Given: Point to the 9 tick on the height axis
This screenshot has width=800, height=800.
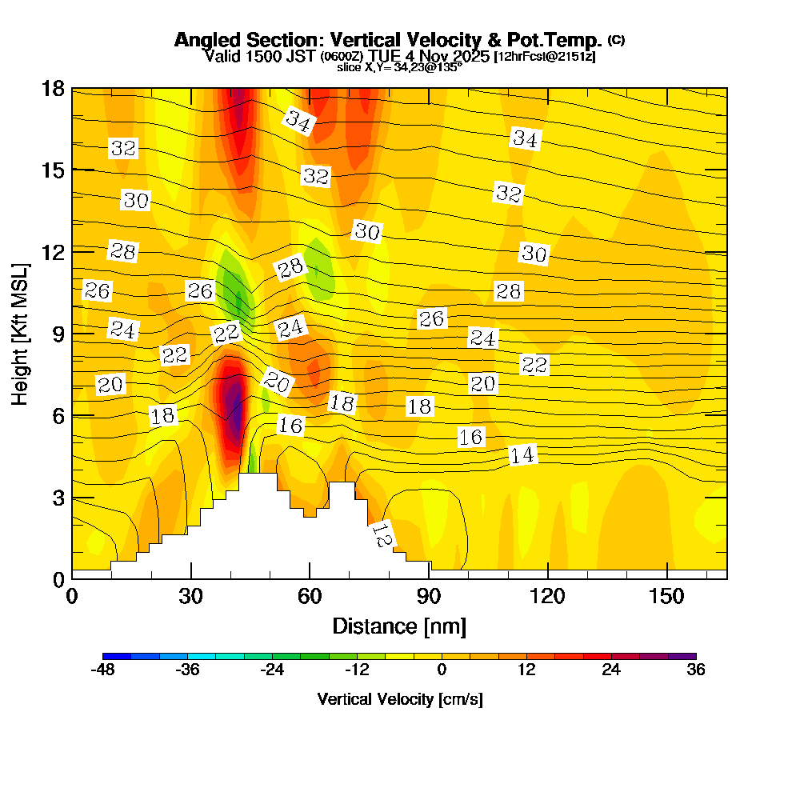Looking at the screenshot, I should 72,333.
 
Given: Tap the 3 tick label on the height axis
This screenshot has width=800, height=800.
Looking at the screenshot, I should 58,497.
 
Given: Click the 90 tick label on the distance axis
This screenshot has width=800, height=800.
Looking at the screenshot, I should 429,597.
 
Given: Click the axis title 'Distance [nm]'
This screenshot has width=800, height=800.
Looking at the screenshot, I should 399,626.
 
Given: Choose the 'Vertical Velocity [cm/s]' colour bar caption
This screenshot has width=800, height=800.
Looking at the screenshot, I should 399,699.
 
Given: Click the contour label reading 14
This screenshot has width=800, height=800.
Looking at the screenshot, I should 522,455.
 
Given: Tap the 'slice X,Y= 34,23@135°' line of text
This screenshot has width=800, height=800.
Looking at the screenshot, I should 399,68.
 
